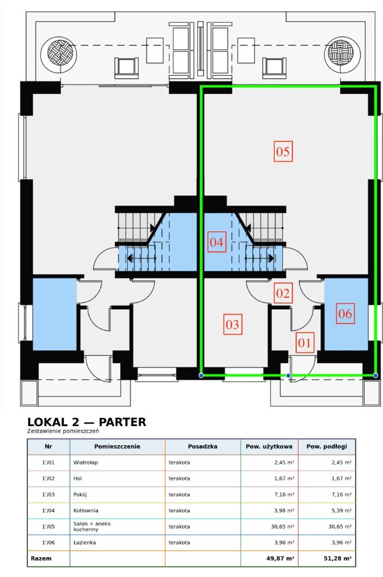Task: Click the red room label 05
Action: click(283, 151)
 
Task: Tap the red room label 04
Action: click(216, 242)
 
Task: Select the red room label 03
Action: click(233, 324)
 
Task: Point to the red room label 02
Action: click(283, 293)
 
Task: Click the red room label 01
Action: click(305, 343)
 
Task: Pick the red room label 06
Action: click(345, 313)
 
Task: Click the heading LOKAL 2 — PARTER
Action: click(87, 421)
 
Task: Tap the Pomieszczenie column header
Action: click(117, 446)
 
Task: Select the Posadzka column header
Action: click(202, 446)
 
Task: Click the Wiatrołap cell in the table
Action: click(86, 462)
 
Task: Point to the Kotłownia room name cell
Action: click(86, 511)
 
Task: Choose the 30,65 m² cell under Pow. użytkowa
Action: click(282, 526)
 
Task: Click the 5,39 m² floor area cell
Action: click(341, 511)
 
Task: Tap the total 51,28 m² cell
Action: click(338, 558)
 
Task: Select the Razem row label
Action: click(41, 558)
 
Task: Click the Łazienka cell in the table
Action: click(84, 543)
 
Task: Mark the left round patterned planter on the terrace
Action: click(59, 54)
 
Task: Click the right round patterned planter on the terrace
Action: click(342, 54)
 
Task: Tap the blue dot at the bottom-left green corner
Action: click(201, 375)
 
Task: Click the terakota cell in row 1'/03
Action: click(179, 495)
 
